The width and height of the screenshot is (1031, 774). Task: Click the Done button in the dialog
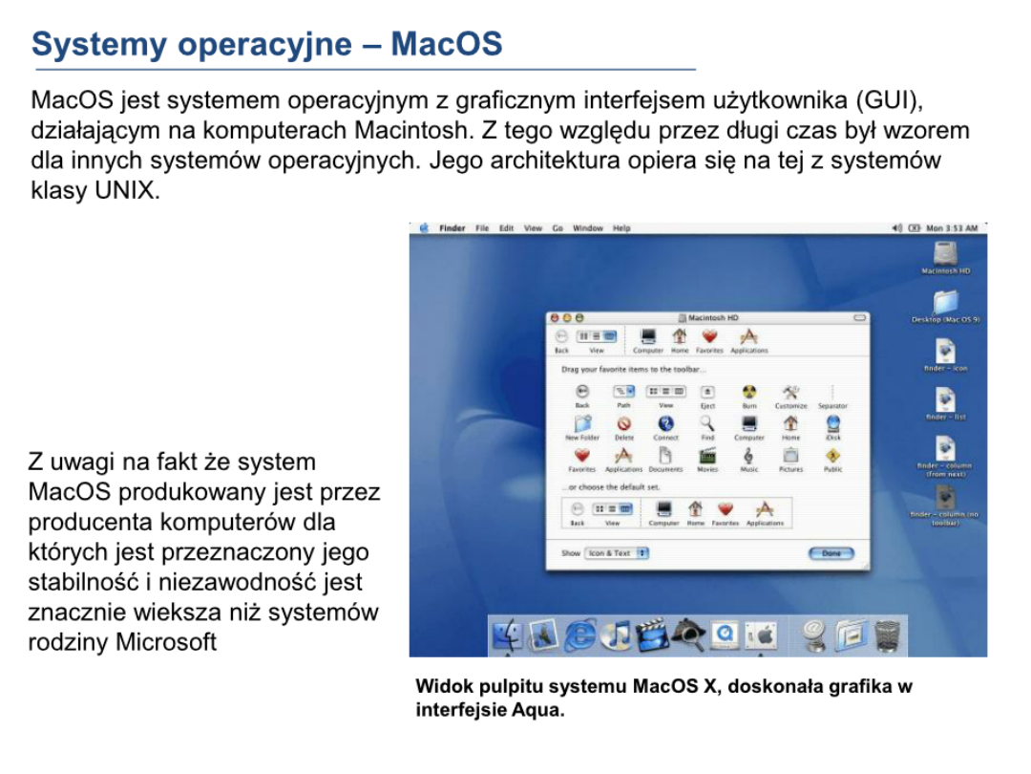click(x=831, y=553)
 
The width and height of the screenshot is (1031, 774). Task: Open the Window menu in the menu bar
click(x=588, y=228)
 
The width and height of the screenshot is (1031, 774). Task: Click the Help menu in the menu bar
click(x=621, y=228)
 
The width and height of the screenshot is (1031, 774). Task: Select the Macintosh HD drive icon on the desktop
click(x=945, y=253)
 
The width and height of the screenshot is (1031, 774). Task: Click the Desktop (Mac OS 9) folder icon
click(x=945, y=302)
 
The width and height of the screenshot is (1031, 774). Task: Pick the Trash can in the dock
click(x=887, y=634)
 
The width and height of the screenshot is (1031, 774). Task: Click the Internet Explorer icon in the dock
click(x=579, y=634)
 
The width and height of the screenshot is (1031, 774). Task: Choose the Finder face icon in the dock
click(x=507, y=634)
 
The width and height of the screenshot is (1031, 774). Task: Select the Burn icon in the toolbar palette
click(x=749, y=392)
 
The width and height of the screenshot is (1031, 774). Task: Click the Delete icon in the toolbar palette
click(x=624, y=423)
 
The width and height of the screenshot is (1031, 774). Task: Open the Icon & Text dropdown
click(x=617, y=553)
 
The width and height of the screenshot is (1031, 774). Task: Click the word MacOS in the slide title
click(x=447, y=43)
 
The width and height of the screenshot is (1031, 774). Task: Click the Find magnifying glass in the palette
click(x=707, y=423)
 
